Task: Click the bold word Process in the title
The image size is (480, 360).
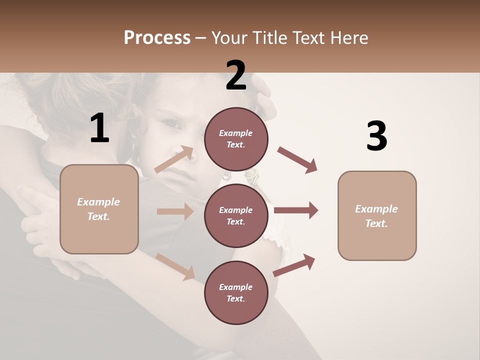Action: point(157,38)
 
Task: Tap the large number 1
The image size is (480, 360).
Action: point(99,128)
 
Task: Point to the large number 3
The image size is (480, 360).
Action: point(376,136)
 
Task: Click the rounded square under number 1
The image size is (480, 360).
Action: point(99,209)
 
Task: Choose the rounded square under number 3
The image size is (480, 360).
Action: point(377,215)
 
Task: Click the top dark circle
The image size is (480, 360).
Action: point(236,139)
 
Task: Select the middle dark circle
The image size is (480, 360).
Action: point(236,215)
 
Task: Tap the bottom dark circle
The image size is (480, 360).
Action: point(236,292)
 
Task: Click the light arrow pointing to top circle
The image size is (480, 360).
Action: point(174,159)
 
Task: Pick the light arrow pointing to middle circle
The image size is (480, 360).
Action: point(175,211)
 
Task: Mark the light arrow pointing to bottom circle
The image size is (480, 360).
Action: point(175,266)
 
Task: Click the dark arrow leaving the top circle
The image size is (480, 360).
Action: point(297,160)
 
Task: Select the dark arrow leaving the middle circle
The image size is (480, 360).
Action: point(296,210)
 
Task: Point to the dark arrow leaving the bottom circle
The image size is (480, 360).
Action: point(294,265)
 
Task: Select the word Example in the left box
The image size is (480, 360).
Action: point(98,202)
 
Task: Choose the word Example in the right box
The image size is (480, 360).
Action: point(376,209)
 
